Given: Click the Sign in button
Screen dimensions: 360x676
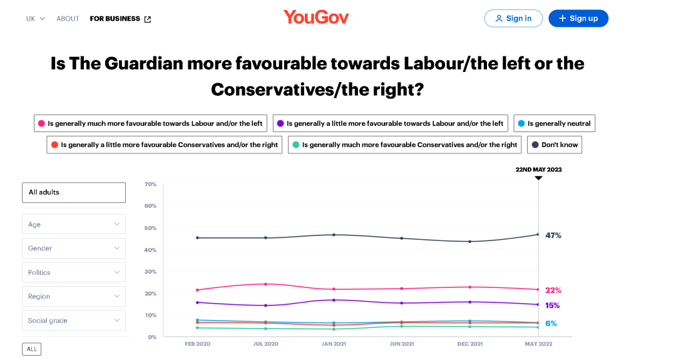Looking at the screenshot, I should (513, 18).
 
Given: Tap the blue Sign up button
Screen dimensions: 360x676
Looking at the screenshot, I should (578, 18).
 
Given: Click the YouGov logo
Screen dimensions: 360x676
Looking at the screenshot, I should (316, 17).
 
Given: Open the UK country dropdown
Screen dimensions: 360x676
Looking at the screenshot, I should (36, 19).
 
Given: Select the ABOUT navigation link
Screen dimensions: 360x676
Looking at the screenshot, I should (68, 19).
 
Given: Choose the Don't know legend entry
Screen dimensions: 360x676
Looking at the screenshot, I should (555, 145).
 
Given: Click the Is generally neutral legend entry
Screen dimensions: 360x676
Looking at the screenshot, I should (554, 123).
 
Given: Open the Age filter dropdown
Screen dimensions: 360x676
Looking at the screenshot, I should (74, 224).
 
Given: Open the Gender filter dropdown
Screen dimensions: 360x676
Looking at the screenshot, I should (74, 248).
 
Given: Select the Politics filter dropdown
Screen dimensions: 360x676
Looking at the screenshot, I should (74, 272).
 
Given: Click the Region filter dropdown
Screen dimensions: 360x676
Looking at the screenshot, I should (74, 296).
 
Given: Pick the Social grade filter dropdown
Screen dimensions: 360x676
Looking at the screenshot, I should (74, 321).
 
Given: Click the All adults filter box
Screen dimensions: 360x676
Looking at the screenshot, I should (74, 192).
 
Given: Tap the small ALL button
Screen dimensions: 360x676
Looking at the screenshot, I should (31, 349).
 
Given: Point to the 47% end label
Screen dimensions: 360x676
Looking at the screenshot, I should (553, 235).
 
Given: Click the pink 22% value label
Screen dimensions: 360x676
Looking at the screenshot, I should (553, 290).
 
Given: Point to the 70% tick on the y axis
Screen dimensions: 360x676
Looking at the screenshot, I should (150, 184).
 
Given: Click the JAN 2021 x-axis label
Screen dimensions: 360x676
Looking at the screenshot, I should (334, 344).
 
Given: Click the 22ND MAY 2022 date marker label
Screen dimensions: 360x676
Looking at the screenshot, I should (538, 170).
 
